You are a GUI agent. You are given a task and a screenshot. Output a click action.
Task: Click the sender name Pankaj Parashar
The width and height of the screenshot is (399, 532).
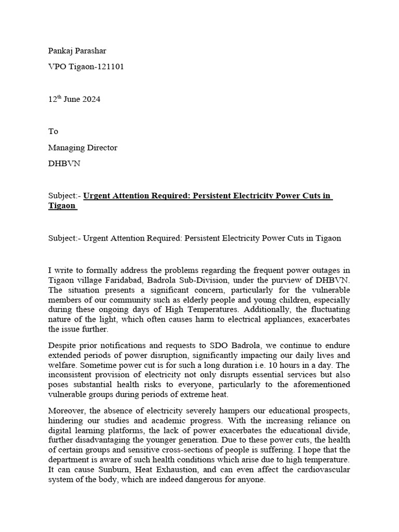(x=77, y=51)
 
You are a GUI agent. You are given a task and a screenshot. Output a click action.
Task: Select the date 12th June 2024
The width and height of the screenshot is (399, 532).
(x=74, y=99)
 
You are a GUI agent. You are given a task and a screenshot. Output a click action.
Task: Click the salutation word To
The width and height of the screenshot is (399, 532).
(x=53, y=131)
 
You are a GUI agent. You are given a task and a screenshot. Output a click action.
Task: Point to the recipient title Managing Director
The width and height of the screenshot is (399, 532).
(x=83, y=148)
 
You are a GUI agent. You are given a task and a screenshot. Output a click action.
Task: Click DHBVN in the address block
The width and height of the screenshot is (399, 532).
(x=64, y=164)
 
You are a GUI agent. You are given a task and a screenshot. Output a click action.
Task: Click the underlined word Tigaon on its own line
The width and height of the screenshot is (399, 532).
(x=62, y=206)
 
